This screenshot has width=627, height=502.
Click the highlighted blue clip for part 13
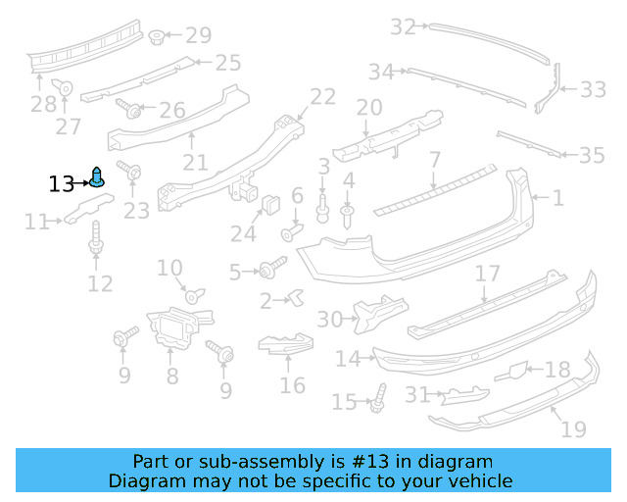click(99, 178)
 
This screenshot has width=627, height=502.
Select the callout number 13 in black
click(61, 183)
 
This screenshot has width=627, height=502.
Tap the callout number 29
click(198, 36)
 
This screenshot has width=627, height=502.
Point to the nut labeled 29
click(157, 37)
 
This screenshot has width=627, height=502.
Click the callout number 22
click(322, 96)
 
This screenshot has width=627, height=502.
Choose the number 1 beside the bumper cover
click(557, 199)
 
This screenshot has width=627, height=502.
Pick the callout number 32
click(403, 26)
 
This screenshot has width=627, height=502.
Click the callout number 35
click(592, 155)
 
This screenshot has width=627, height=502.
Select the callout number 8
click(171, 376)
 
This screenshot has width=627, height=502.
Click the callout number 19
click(573, 428)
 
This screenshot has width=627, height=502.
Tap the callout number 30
click(330, 319)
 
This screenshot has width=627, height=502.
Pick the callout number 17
click(488, 273)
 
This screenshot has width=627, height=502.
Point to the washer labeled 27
click(66, 87)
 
